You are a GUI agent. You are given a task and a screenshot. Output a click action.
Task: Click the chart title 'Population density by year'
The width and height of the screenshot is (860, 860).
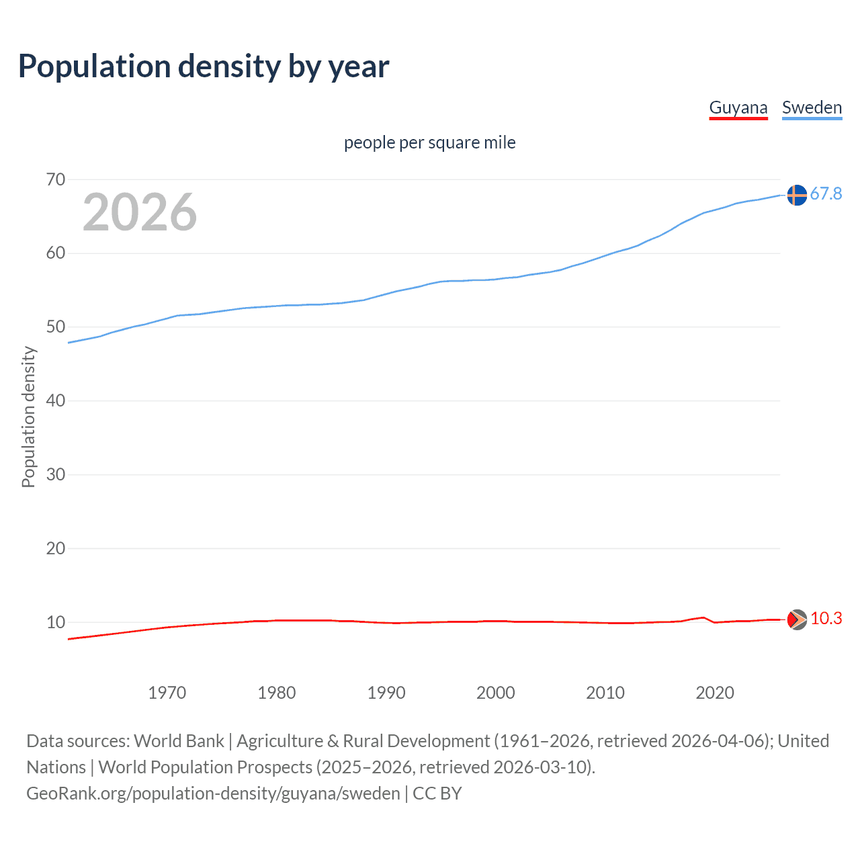tap(204, 67)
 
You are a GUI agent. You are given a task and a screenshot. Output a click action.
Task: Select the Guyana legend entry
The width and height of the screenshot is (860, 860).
tap(738, 108)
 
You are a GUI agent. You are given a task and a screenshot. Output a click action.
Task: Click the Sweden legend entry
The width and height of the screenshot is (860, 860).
tap(812, 108)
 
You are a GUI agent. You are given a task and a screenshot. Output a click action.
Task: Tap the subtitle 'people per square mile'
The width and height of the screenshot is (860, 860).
tap(429, 143)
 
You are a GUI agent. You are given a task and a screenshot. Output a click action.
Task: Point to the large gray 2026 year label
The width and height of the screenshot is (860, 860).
tap(140, 212)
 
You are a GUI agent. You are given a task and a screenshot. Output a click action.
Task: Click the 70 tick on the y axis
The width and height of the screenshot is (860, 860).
tap(56, 179)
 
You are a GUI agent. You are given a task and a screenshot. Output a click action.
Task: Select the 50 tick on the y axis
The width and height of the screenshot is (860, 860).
tap(56, 327)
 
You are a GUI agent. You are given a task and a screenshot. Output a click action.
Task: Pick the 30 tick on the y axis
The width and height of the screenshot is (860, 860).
tap(56, 474)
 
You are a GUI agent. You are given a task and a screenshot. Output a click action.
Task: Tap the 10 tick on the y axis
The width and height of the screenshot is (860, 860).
tap(56, 622)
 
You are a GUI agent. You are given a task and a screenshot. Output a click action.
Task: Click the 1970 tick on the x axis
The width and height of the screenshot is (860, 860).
tap(167, 693)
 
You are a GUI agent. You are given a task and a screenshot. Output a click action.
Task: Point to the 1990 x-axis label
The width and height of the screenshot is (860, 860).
tap(386, 693)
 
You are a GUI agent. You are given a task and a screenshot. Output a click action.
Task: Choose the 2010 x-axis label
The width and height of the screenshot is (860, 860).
tap(605, 693)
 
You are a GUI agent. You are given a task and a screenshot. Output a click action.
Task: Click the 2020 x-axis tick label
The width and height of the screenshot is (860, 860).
tap(714, 693)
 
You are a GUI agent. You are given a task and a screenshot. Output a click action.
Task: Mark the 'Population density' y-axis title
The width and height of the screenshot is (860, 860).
tap(28, 417)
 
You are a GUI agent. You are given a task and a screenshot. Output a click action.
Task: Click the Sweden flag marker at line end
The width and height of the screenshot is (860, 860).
tap(796, 195)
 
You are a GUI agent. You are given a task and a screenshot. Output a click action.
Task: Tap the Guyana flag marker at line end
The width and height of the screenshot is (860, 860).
tap(796, 619)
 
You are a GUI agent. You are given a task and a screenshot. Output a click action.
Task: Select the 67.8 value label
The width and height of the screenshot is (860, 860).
tap(826, 194)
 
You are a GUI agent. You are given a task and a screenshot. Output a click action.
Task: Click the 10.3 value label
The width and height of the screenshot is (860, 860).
tap(826, 619)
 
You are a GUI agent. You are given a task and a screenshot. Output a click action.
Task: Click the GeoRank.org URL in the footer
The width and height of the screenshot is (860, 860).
tap(213, 793)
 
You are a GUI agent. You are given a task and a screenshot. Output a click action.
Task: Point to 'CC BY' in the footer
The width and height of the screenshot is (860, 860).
tap(437, 793)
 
